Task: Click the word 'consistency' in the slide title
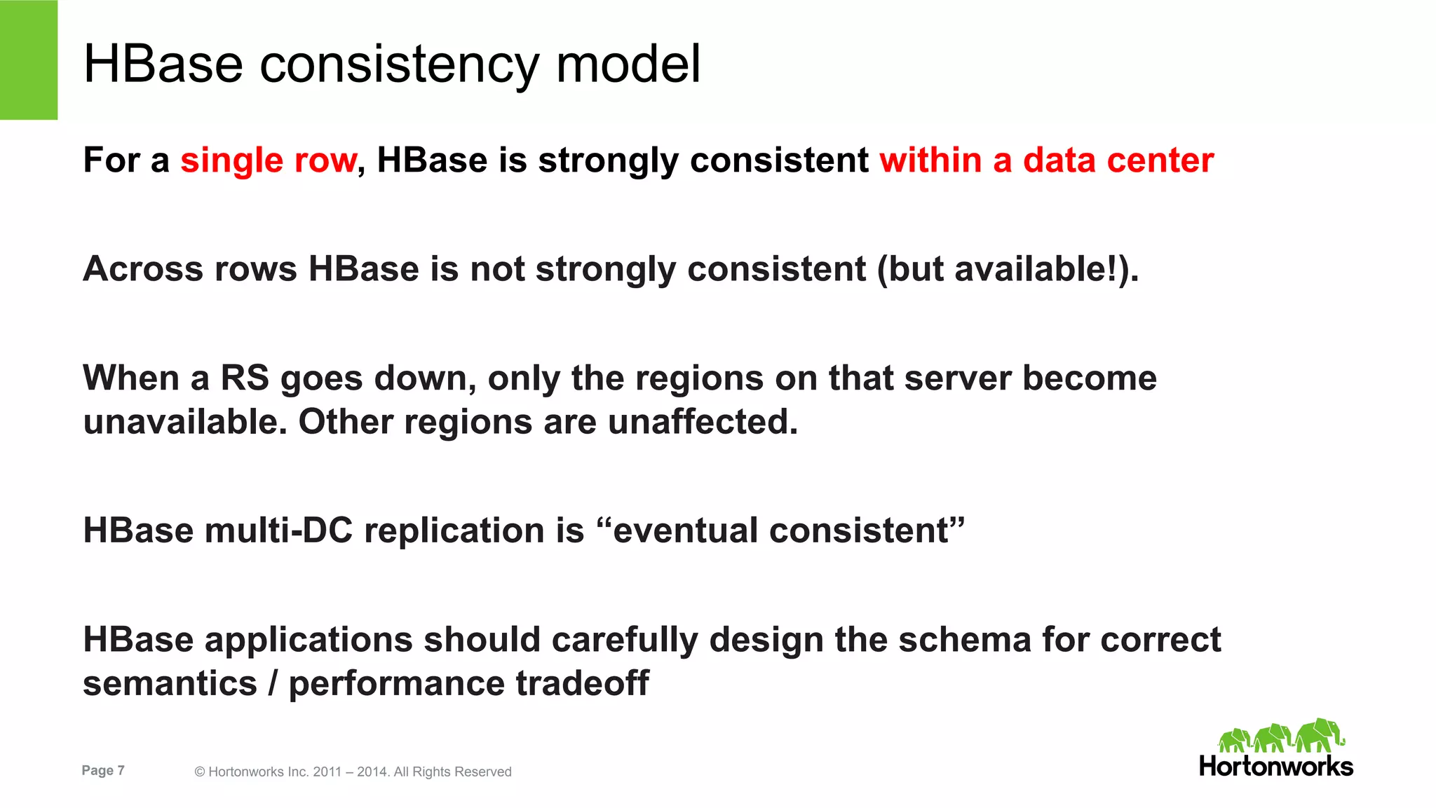pyautogui.click(x=400, y=64)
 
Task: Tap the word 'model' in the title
pyautogui.click(x=628, y=64)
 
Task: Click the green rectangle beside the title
pyautogui.click(x=29, y=60)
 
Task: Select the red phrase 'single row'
pyautogui.click(x=269, y=160)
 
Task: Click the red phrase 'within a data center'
pyautogui.click(x=1047, y=160)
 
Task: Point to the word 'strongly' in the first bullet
pyautogui.click(x=608, y=160)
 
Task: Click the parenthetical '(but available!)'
pyautogui.click(x=1008, y=269)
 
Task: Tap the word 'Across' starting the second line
pyautogui.click(x=142, y=269)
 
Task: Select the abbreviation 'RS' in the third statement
pyautogui.click(x=245, y=378)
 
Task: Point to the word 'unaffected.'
pyautogui.click(x=703, y=422)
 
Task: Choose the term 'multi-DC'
pyautogui.click(x=278, y=530)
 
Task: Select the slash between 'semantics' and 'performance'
pyautogui.click(x=273, y=683)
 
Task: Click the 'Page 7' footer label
pyautogui.click(x=103, y=770)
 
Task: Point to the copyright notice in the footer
pyautogui.click(x=353, y=772)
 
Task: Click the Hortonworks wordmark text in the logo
pyautogui.click(x=1275, y=767)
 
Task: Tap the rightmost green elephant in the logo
pyautogui.click(x=1320, y=736)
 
